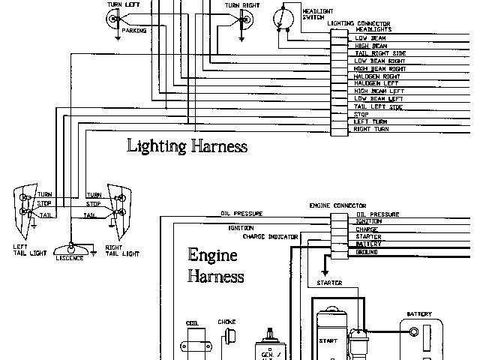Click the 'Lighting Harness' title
click(187, 145)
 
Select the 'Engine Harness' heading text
click(215, 265)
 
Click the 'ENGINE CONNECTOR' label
click(337, 205)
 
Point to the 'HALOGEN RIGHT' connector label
click(377, 76)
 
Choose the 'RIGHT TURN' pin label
click(372, 129)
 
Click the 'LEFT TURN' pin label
click(370, 121)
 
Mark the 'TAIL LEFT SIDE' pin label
click(379, 106)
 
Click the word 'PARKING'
click(134, 31)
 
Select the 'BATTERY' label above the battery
click(418, 314)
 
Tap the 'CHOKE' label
click(226, 322)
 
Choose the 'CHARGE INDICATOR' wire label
click(271, 236)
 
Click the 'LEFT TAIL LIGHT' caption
click(23, 250)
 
